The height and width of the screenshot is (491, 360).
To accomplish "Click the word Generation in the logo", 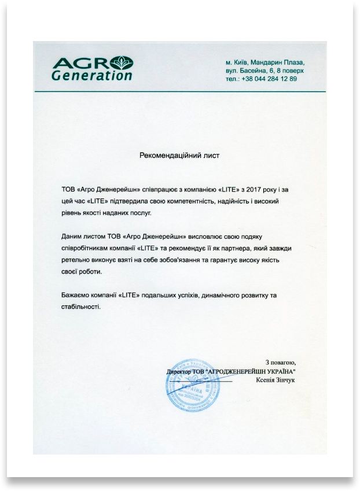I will click(92, 75).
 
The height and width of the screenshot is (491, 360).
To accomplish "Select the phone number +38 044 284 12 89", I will click(270, 79).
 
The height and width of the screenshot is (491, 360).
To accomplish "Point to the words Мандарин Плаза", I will click(277, 62).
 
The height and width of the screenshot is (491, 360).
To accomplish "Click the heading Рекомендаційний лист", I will click(179, 156).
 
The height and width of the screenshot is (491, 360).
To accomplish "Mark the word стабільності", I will click(80, 307).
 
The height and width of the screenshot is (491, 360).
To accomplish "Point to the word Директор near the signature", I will click(178, 371).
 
